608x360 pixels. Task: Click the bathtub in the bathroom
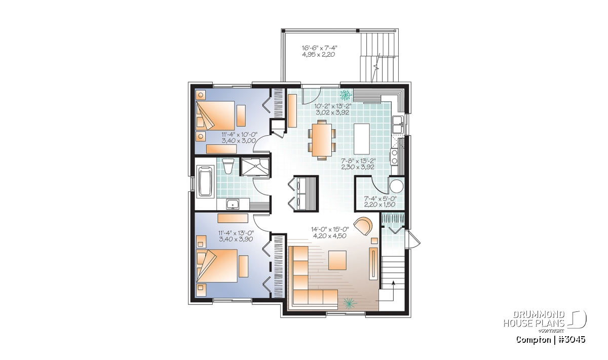pos(205,181)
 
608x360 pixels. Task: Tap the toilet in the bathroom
pos(227,166)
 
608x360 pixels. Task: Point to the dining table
pos(322,139)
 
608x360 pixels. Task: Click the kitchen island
pos(362,138)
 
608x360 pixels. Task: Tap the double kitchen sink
pos(398,125)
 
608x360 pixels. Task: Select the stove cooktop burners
pos(394,157)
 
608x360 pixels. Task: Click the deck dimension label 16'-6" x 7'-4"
pos(319,48)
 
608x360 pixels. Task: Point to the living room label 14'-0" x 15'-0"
pos(330,229)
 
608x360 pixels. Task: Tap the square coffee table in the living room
pos(337,260)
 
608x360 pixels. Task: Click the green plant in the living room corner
pos(349,303)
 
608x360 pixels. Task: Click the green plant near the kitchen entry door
pos(346,95)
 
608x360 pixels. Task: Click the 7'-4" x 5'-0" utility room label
pos(379,199)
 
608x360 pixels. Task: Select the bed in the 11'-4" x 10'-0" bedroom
pos(215,116)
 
